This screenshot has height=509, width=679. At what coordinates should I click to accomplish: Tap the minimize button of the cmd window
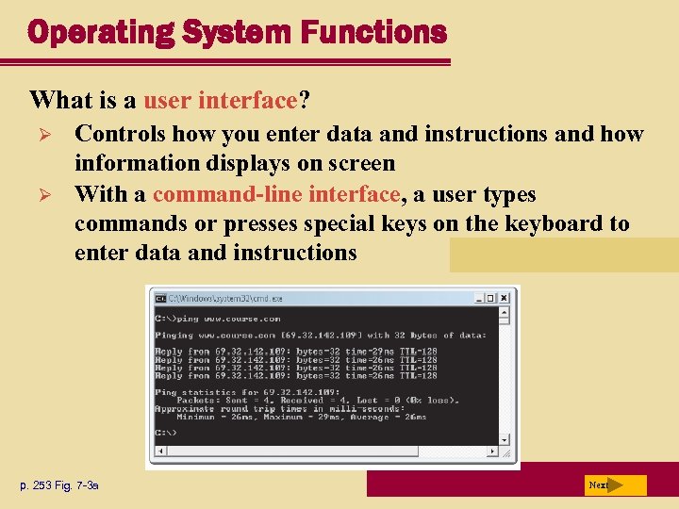click(480, 298)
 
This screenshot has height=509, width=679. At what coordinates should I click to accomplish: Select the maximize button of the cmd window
click(492, 298)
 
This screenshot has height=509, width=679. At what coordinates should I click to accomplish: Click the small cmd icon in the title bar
click(160, 298)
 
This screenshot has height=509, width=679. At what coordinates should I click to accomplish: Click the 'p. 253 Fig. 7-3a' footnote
click(59, 485)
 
